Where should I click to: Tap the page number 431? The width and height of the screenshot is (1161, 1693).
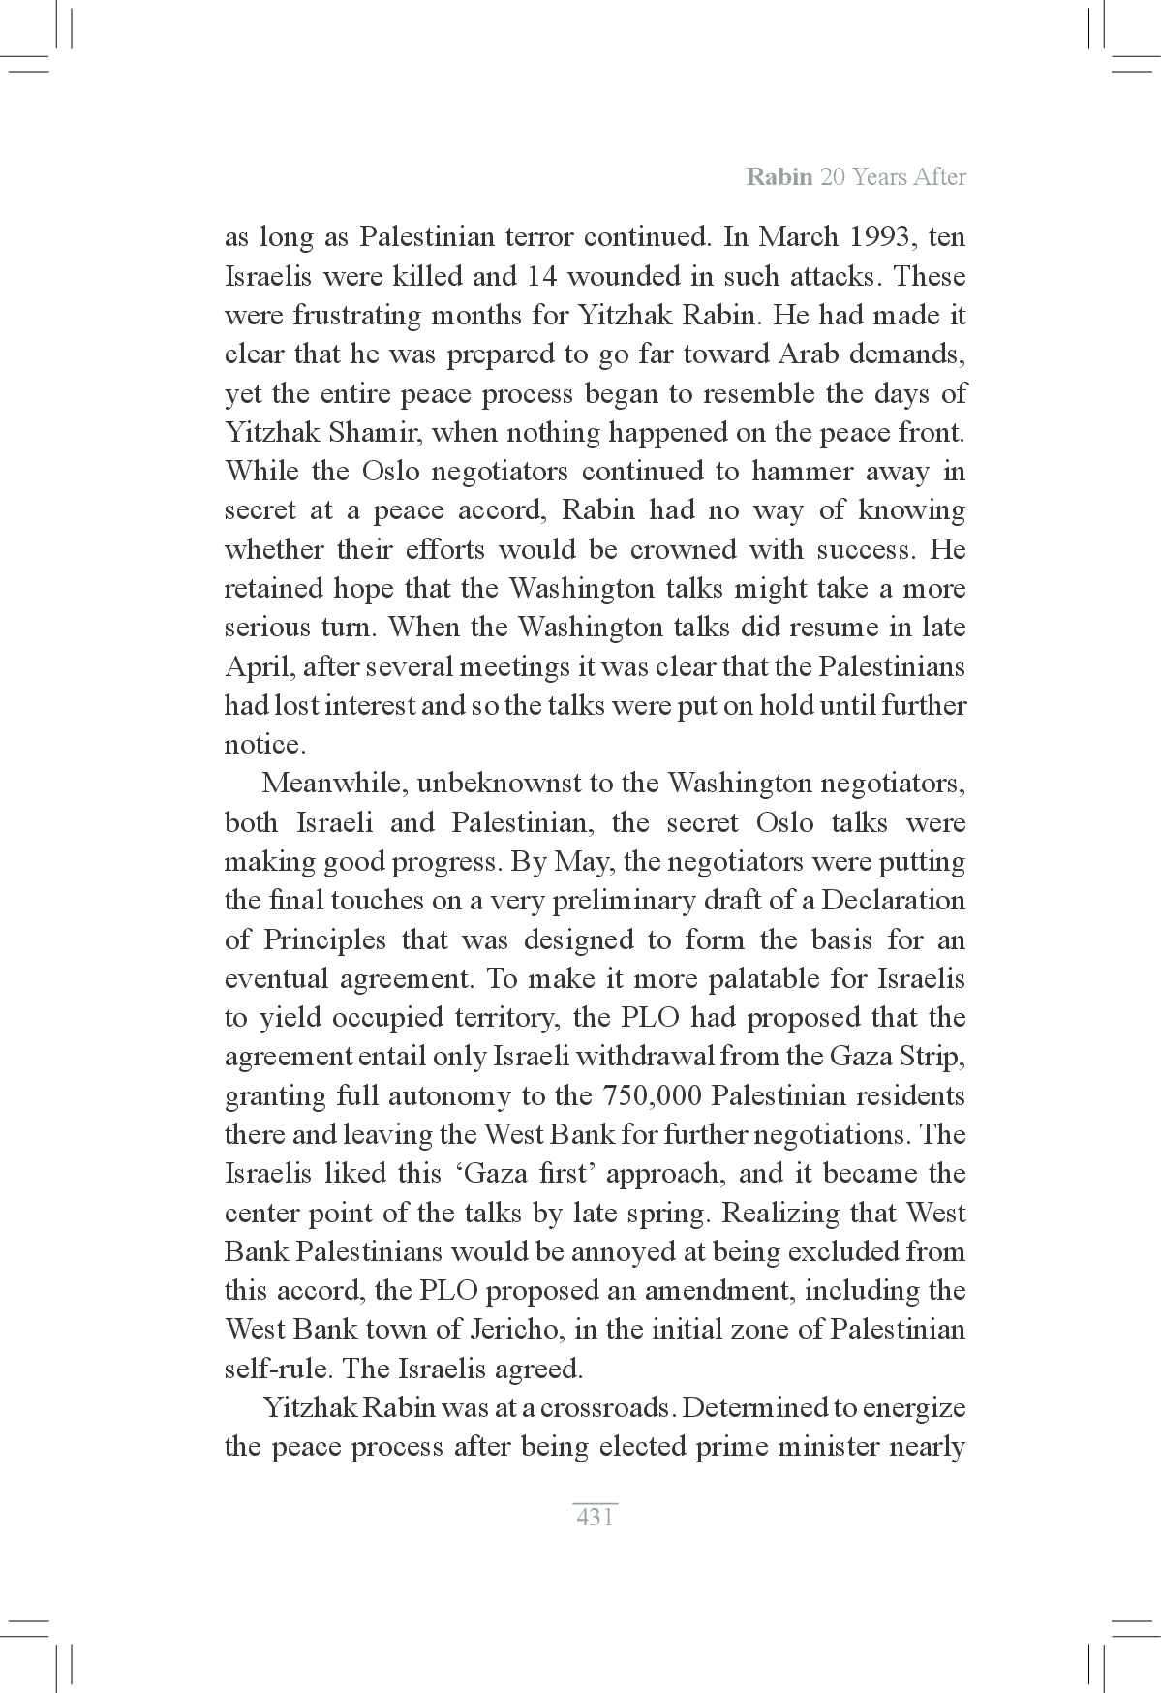coord(595,1517)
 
